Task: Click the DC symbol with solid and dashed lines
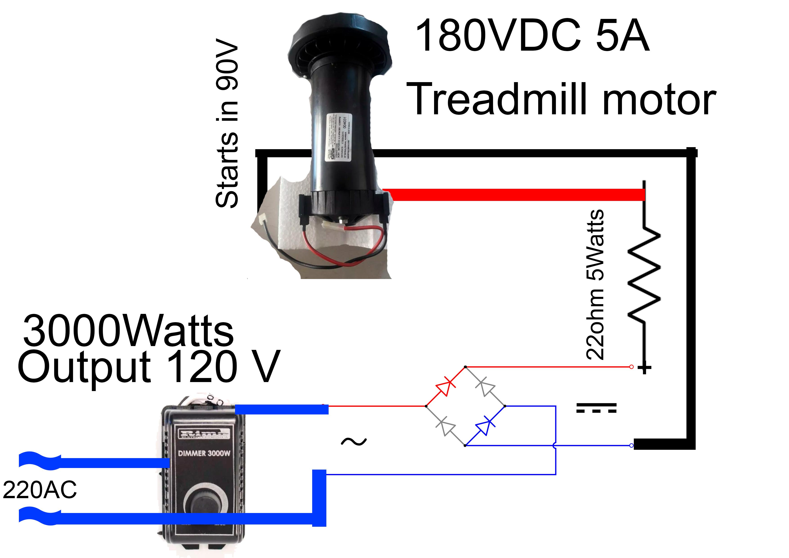coord(596,408)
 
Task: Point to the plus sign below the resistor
coord(644,368)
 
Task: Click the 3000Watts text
coord(128,331)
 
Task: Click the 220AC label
coord(40,490)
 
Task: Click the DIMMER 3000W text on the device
coord(204,453)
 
